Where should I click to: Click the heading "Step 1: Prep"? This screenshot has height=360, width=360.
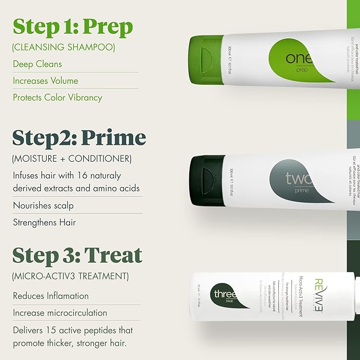tap(73, 26)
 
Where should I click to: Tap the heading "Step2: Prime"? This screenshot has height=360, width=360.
tap(79, 137)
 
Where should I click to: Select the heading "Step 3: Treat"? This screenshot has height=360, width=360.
tap(77, 255)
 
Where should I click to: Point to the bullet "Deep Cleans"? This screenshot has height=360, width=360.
tap(37, 64)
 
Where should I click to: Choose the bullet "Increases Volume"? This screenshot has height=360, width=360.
tap(45, 81)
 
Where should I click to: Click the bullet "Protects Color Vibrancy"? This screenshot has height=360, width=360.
tap(57, 98)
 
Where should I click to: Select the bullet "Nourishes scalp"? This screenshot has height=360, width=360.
tap(43, 205)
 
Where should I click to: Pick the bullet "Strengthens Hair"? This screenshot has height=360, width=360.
tap(45, 222)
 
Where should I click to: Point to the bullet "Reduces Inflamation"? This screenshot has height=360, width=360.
tap(50, 296)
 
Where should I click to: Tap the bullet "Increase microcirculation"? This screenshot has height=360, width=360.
tap(60, 313)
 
